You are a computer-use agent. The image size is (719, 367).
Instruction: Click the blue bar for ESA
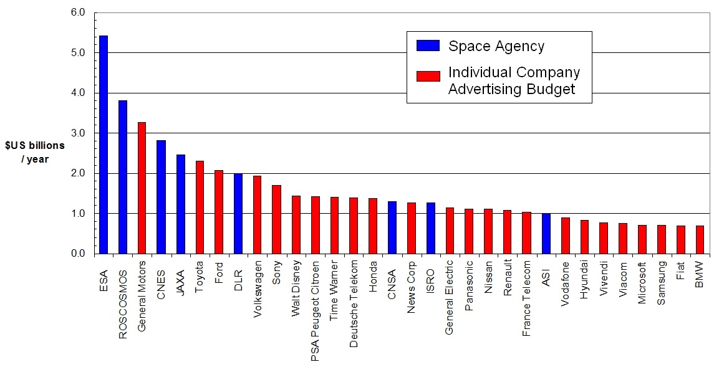(x=104, y=145)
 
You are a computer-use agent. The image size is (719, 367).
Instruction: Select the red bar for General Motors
(x=142, y=188)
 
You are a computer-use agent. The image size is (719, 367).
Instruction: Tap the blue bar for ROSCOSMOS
(x=123, y=177)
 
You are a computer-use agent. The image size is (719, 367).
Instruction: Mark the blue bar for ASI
(x=546, y=234)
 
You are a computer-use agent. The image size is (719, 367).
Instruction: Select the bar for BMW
(x=700, y=239)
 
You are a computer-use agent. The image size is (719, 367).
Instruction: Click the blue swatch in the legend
(x=428, y=45)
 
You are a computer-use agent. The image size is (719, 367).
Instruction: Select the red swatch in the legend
(x=428, y=76)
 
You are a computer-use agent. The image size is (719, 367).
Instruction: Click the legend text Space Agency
(x=496, y=46)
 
